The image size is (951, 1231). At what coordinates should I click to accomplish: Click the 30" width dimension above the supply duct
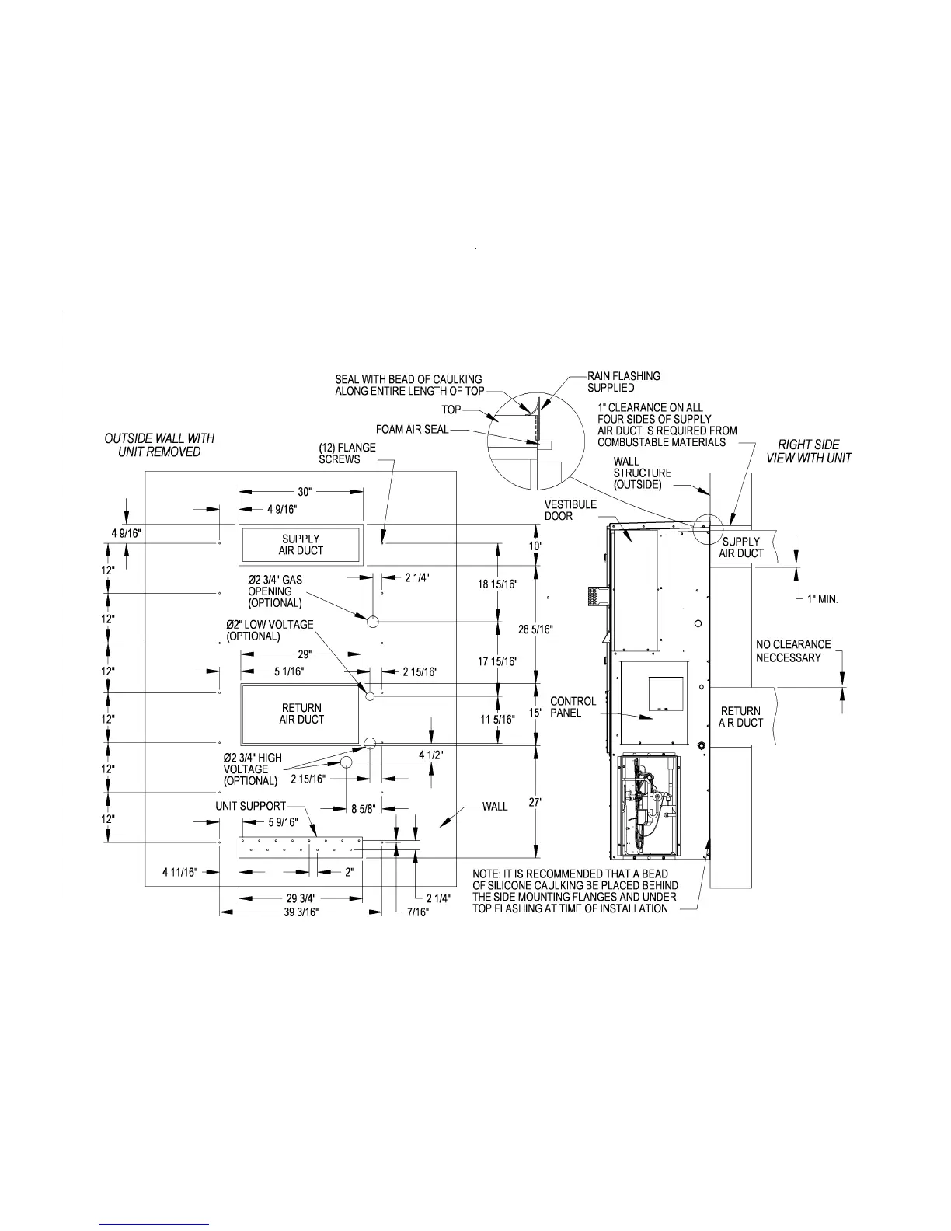point(304,492)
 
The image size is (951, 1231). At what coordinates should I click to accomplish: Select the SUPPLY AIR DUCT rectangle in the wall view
point(301,545)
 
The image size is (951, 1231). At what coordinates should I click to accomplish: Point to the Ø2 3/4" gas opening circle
point(372,621)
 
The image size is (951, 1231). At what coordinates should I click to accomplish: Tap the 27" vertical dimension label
point(536,803)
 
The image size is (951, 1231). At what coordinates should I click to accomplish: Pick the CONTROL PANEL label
point(573,706)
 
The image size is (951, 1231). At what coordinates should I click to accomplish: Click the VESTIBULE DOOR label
point(570,510)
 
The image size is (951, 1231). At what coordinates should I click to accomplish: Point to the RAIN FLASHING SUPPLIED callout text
point(623,382)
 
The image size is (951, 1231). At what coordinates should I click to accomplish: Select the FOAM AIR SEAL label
point(412,429)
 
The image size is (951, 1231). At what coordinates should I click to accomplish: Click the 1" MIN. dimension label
point(822,599)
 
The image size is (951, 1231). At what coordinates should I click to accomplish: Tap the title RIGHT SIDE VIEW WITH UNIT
point(809,451)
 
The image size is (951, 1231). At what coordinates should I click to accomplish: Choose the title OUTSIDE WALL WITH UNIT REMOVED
point(159,445)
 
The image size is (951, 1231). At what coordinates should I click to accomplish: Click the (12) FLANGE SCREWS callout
point(347,453)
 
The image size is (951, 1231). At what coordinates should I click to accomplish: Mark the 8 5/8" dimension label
point(364,808)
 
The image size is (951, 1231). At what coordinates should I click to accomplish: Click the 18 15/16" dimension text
point(498,583)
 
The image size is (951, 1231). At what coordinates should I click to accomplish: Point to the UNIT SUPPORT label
point(250,806)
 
